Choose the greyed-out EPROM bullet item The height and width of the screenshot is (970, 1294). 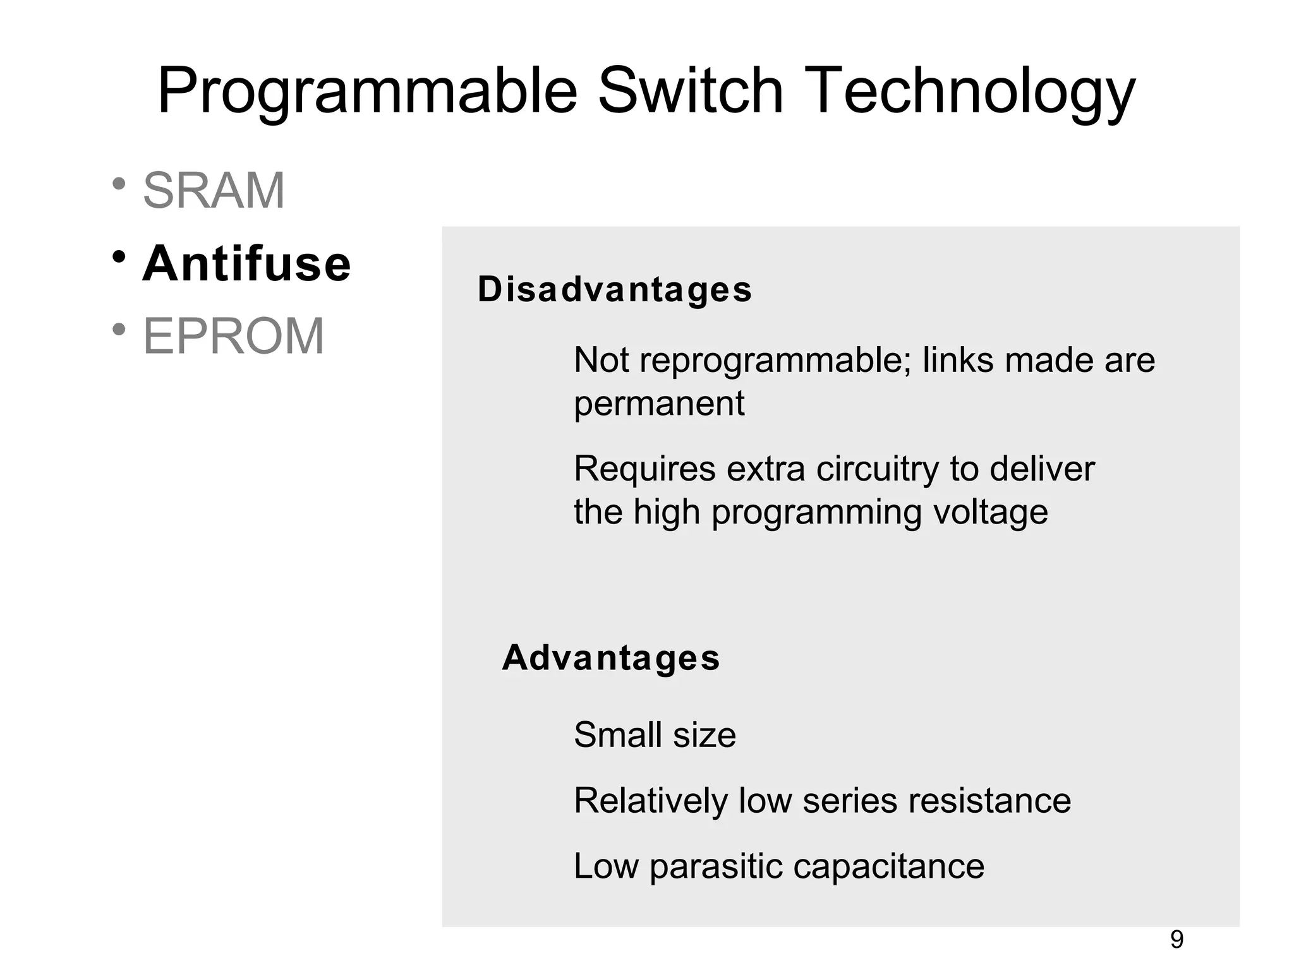233,336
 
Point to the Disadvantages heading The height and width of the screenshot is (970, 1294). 615,290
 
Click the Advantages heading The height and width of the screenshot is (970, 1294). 611,658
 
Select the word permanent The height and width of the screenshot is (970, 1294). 659,404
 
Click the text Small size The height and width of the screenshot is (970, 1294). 655,735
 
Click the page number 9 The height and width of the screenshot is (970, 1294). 1176,940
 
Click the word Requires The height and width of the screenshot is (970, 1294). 645,469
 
